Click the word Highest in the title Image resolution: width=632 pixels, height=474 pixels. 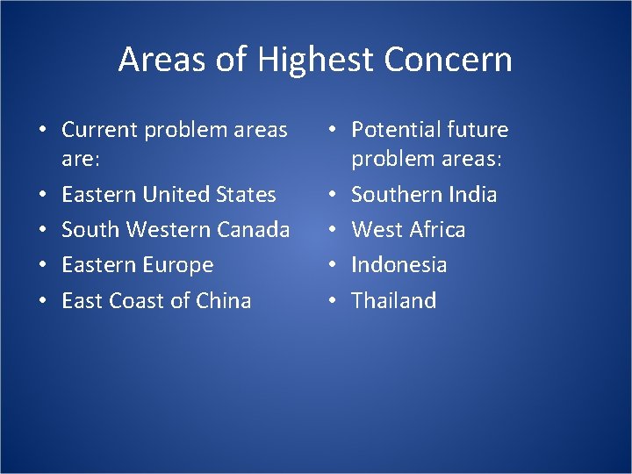pyautogui.click(x=317, y=61)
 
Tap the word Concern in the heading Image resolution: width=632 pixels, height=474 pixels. pyautogui.click(x=449, y=60)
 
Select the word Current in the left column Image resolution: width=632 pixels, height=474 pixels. pyautogui.click(x=98, y=130)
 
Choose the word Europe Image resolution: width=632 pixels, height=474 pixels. pyautogui.click(x=177, y=265)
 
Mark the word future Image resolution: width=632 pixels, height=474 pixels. pyautogui.click(x=478, y=130)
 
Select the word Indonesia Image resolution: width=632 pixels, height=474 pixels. pyautogui.click(x=399, y=265)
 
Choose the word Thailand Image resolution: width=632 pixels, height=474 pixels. pyautogui.click(x=394, y=300)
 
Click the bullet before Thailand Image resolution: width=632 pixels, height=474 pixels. pyautogui.click(x=332, y=301)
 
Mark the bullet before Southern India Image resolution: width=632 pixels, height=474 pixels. pyautogui.click(x=332, y=195)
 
